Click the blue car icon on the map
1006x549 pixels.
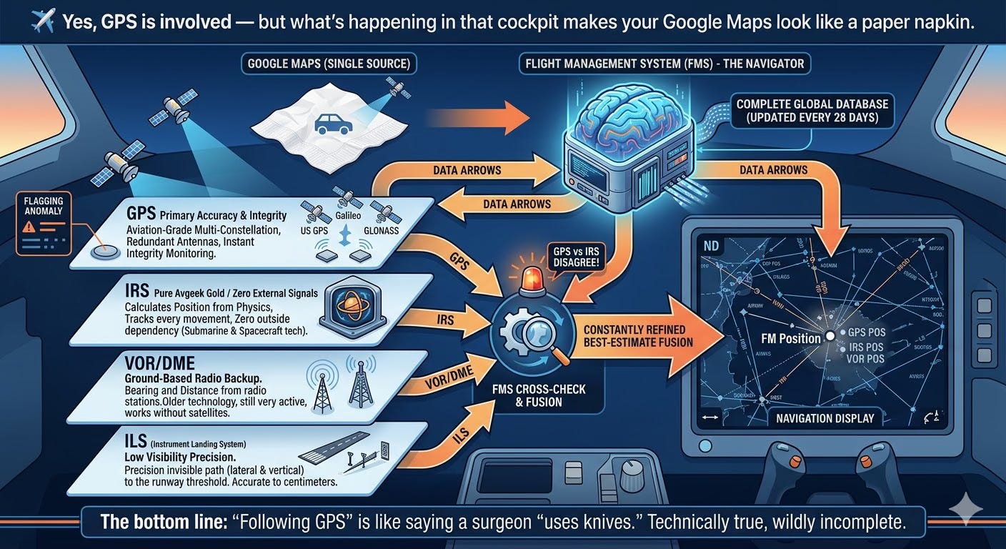333,124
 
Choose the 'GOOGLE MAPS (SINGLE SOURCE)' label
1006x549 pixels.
329,64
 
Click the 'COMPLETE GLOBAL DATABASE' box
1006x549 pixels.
812,111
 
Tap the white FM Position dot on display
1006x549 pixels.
830,335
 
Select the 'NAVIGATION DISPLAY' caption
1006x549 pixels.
825,418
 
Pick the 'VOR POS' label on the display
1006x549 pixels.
865,359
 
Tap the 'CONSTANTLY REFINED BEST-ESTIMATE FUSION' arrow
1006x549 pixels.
643,337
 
